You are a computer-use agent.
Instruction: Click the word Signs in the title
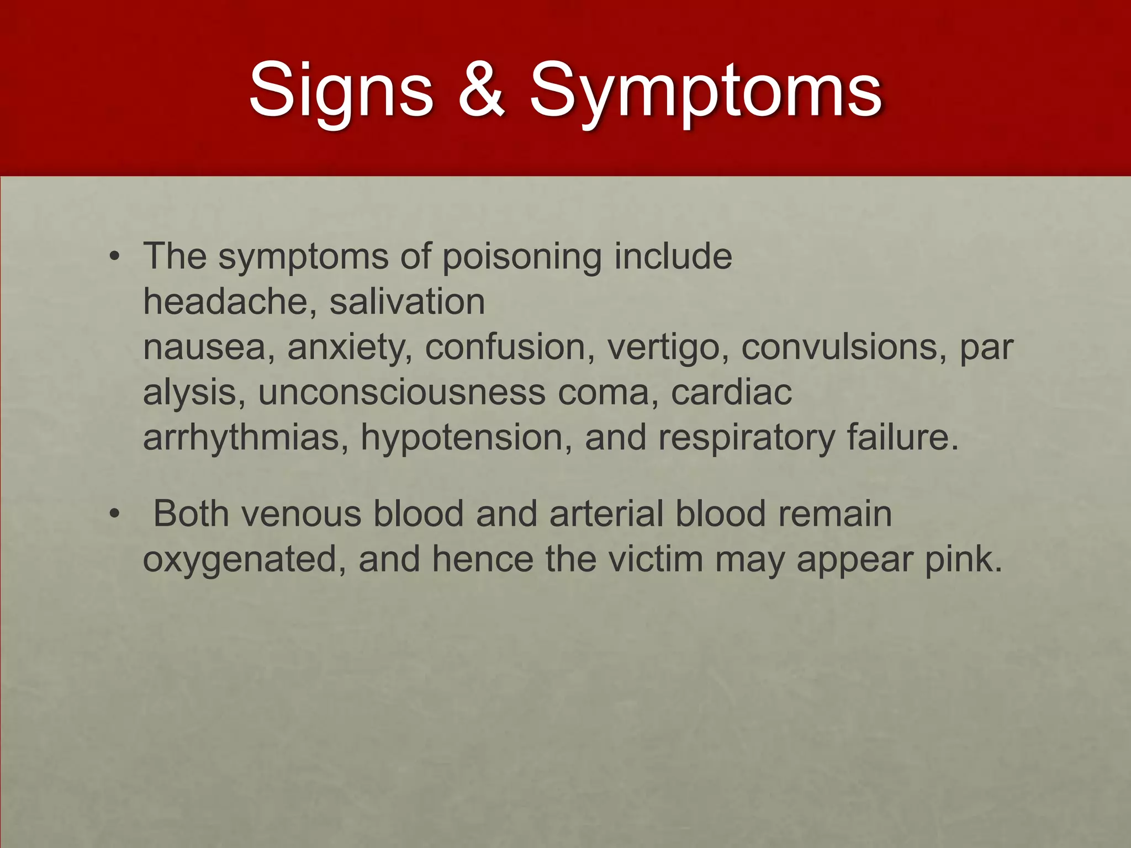click(341, 90)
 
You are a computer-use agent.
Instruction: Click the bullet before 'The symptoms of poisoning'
click(114, 257)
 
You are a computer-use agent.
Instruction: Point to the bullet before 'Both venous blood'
click(114, 514)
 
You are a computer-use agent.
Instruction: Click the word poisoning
click(522, 257)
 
